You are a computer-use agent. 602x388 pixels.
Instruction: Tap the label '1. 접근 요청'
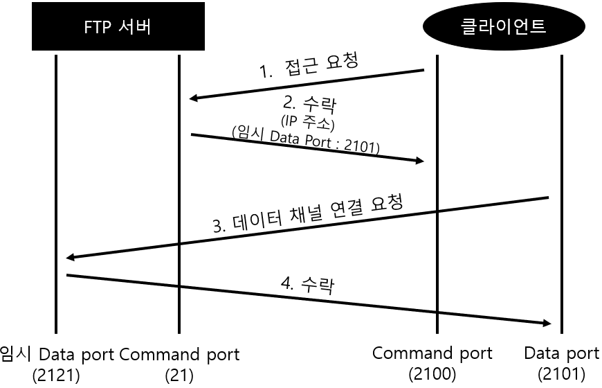(x=309, y=67)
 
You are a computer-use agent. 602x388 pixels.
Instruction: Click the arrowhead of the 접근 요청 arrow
(x=194, y=98)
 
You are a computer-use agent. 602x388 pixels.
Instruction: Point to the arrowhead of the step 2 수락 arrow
(x=419, y=161)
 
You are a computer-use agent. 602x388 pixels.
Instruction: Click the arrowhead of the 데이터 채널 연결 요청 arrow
(x=70, y=258)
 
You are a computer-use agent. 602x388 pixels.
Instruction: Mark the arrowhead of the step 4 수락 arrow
(x=547, y=323)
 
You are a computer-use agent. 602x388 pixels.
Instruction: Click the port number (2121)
(x=57, y=376)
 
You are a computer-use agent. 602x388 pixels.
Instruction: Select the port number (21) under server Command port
(x=179, y=376)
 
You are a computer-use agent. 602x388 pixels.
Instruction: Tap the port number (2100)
(x=432, y=374)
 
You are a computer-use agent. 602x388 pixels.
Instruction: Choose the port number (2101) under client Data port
(x=561, y=374)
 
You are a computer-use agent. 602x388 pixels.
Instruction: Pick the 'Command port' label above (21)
(x=179, y=355)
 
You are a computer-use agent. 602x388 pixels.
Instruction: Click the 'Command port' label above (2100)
(x=432, y=353)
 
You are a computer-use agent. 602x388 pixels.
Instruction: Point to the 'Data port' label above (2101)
(x=561, y=353)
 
